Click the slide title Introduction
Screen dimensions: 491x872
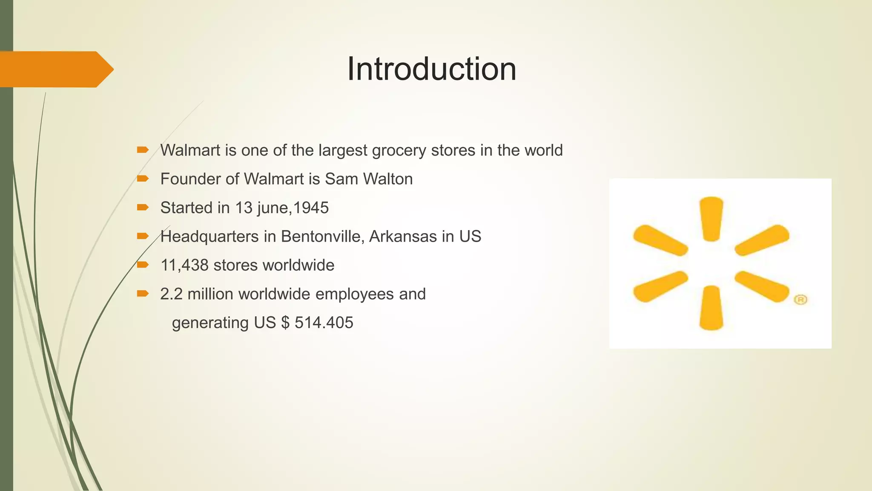tap(431, 69)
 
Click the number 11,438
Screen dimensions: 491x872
tap(184, 266)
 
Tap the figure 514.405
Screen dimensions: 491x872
tap(324, 323)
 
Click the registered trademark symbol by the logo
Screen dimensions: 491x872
tap(800, 300)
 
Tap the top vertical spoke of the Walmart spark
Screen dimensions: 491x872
tap(711, 218)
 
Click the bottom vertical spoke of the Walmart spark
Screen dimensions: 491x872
tap(711, 308)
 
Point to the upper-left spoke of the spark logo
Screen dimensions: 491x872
tap(660, 240)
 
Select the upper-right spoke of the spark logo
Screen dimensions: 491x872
tap(762, 240)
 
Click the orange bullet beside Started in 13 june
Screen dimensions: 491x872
tap(143, 208)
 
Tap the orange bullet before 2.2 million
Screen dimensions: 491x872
tap(143, 294)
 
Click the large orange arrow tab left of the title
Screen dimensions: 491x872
tap(55, 69)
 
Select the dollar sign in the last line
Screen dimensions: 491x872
tap(285, 323)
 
